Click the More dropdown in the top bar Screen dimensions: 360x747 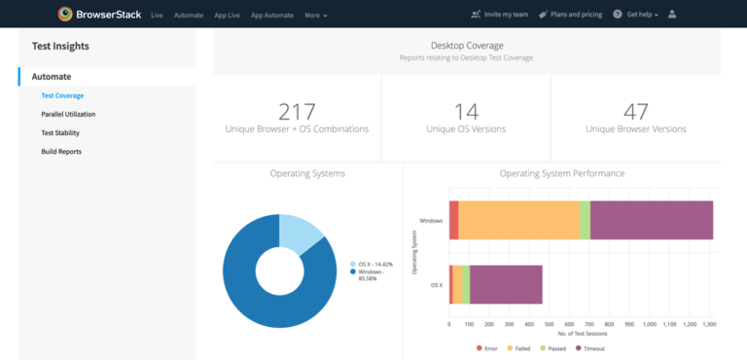click(315, 15)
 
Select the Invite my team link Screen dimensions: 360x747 click(501, 15)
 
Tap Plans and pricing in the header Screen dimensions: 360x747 click(575, 15)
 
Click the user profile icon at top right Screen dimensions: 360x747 click(672, 15)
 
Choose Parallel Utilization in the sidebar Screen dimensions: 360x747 click(68, 114)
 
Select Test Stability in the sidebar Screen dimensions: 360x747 click(60, 132)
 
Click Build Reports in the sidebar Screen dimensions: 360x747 click(61, 151)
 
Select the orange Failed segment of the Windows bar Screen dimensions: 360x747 click(518, 220)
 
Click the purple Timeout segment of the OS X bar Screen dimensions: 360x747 click(506, 284)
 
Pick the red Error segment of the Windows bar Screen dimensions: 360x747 click(453, 220)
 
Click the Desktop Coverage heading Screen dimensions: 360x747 click(467, 45)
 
